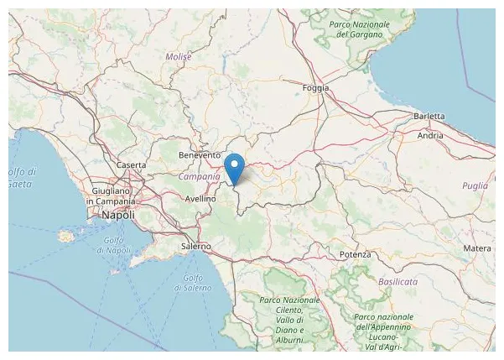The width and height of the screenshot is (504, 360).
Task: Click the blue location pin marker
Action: pos(236,166)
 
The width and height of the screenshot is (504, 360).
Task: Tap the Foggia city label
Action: pos(315,87)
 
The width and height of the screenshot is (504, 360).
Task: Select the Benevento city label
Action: pos(200,155)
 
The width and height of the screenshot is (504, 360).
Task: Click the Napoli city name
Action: pos(117,216)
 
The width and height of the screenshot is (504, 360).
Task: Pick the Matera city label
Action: pos(477,248)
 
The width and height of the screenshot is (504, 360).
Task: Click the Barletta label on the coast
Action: pos(433,117)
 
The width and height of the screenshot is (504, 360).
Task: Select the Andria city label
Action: pos(430,135)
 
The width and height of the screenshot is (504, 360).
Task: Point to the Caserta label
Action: pos(132,165)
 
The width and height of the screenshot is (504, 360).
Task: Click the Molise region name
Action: pos(179,56)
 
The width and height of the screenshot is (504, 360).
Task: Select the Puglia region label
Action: pos(475,186)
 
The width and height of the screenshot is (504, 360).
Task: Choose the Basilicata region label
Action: pos(397,282)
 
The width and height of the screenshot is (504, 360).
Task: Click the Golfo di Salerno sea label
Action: pos(190,283)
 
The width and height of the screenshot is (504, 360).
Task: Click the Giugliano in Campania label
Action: pos(112,196)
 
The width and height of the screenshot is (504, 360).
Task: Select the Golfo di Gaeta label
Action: pos(16,177)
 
